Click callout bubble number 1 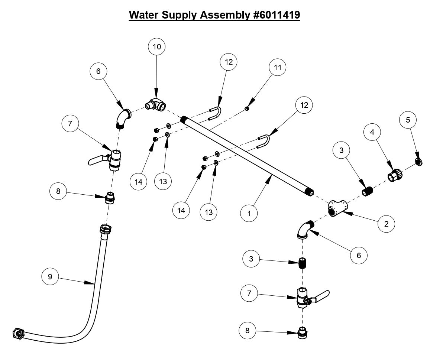(249, 214)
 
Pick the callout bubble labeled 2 (387, 224)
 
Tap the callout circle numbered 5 (408, 120)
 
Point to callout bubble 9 (49, 277)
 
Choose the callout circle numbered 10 (156, 46)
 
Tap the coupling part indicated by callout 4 (395, 175)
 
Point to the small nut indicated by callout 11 (246, 108)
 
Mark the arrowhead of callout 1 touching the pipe (273, 179)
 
